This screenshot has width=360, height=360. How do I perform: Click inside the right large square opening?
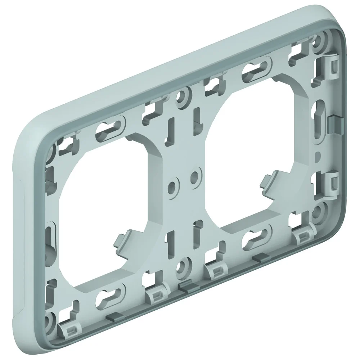[252, 144]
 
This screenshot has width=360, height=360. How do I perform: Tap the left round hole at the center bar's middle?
[172, 186]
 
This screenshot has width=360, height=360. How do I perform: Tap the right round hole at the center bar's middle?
[195, 176]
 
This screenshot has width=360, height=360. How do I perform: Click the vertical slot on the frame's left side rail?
[50, 236]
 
